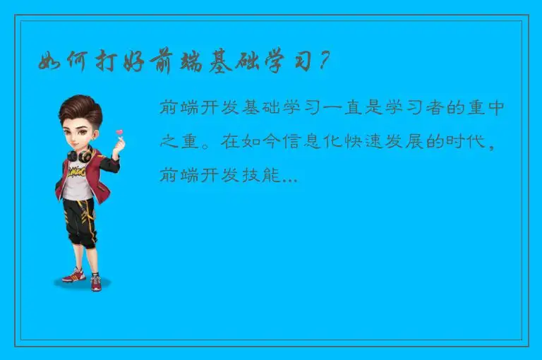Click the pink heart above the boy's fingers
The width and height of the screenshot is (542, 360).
(x=119, y=132)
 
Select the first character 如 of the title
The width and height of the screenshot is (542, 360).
(x=50, y=62)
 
